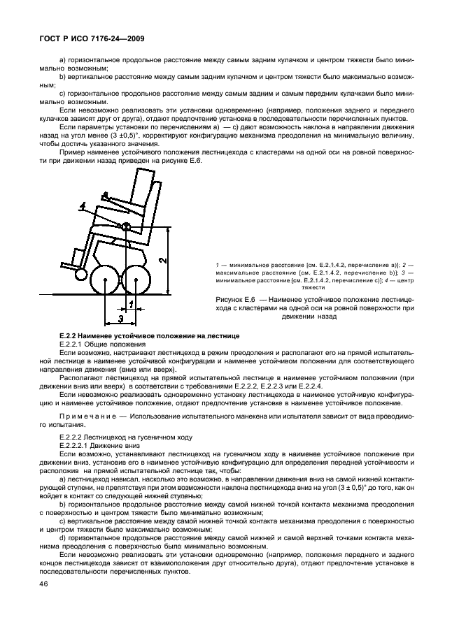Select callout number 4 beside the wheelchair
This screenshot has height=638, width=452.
(82, 205)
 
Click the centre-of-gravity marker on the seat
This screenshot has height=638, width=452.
(127, 226)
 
